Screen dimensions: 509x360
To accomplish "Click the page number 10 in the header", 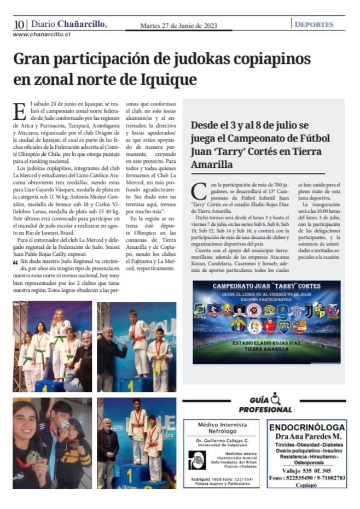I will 19,25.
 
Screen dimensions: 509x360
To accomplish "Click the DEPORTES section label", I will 313,25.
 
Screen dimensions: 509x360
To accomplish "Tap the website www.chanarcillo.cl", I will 42,34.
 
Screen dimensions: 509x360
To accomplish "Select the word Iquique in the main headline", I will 165,79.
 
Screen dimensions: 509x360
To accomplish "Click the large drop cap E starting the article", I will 19,112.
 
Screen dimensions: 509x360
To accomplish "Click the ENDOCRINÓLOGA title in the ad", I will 307,428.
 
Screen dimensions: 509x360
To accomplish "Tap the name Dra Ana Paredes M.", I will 307,437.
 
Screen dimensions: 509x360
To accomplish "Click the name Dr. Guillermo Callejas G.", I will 222,440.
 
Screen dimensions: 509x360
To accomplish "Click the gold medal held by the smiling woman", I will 33,457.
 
